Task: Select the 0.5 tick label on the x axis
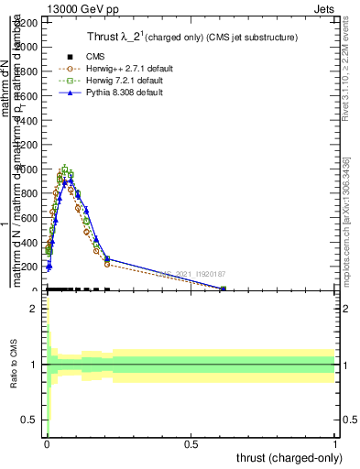point(191,443)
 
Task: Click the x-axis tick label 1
point(335,443)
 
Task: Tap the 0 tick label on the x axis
point(48,443)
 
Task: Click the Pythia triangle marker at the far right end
point(224,289)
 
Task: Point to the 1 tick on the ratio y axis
point(34,365)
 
